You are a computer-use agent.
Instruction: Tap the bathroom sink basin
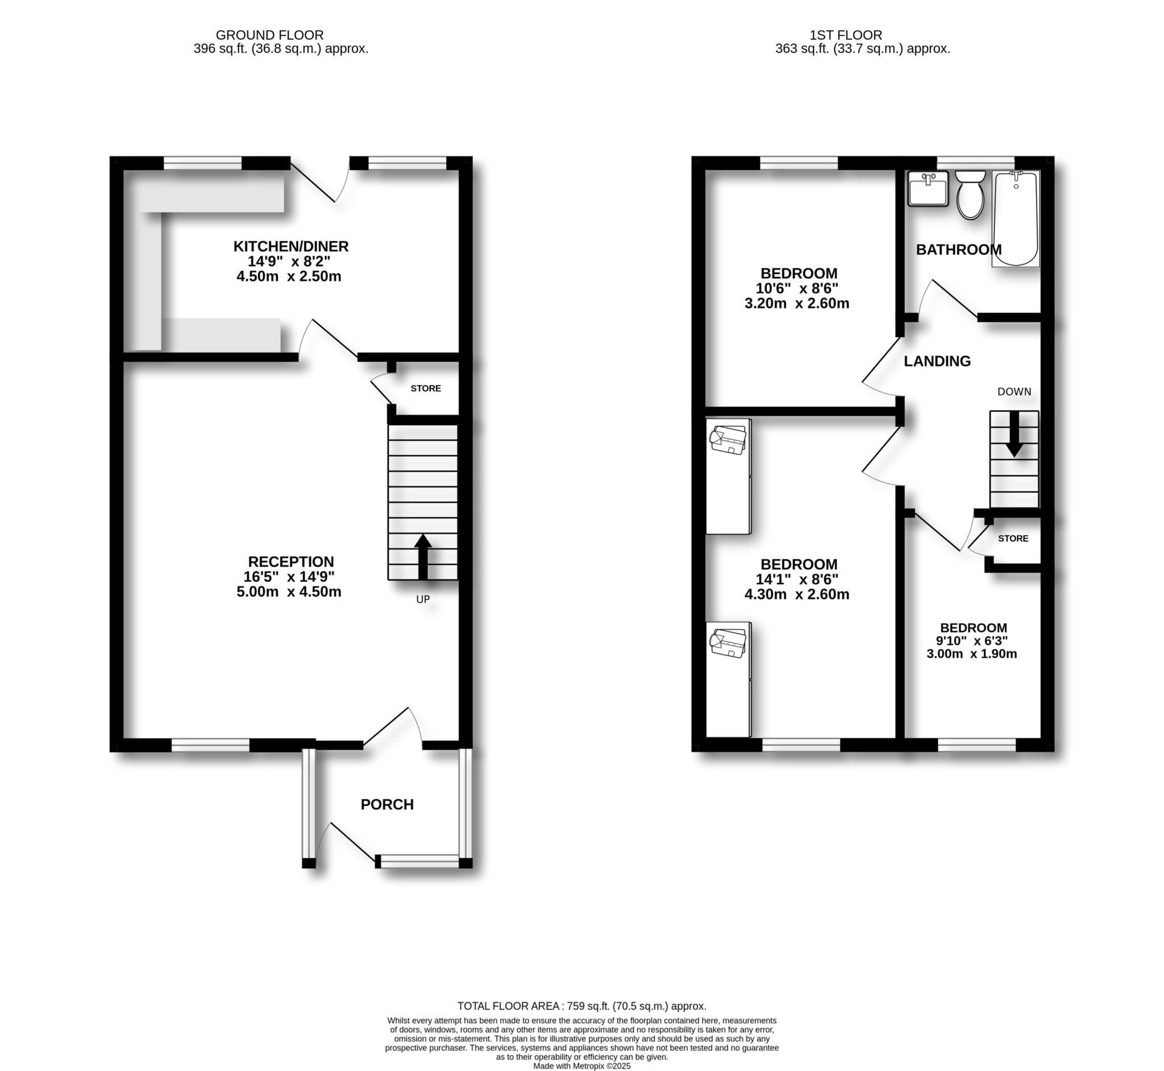tap(927, 189)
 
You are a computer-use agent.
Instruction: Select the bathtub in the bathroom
tap(1016, 219)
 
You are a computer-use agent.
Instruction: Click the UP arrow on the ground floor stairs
tap(423, 556)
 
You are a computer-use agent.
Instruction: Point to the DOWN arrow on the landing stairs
tap(1014, 434)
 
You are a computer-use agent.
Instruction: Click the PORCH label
tap(387, 804)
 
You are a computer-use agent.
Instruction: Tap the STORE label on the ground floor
tap(426, 388)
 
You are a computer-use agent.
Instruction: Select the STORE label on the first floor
tap(1013, 539)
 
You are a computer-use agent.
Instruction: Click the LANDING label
tap(937, 361)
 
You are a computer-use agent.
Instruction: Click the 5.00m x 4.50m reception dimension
tap(288, 592)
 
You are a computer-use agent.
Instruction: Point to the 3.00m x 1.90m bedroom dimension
tap(972, 654)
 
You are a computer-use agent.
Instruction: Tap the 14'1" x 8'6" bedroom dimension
tap(797, 579)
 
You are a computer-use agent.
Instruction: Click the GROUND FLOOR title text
tap(269, 35)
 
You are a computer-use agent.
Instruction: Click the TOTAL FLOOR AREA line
tap(581, 1006)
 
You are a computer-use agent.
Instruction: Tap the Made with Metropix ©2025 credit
tap(581, 1066)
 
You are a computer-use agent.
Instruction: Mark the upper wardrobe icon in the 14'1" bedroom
tap(728, 440)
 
